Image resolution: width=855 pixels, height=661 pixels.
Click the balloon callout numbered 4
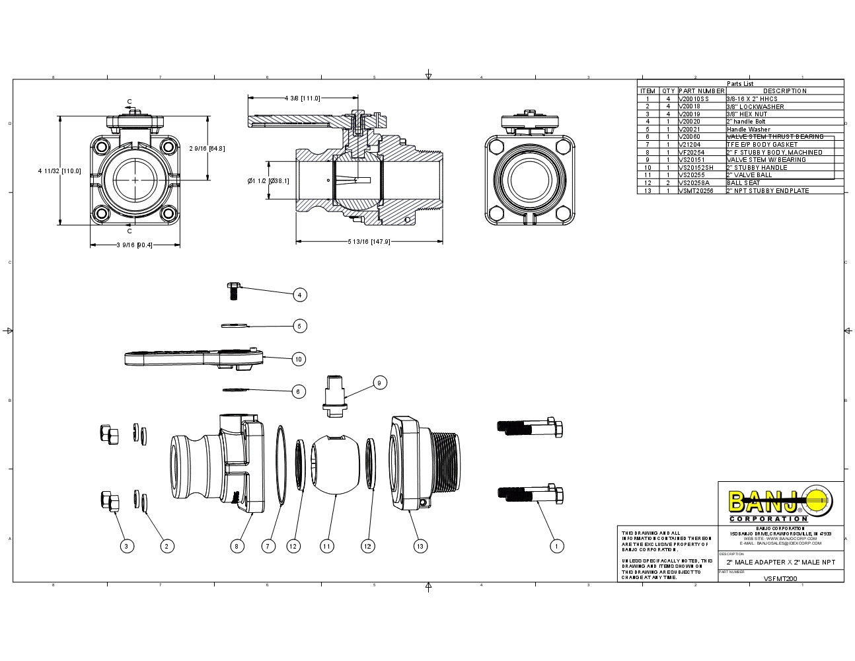(x=300, y=295)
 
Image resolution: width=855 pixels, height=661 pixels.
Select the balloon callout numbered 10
(x=299, y=359)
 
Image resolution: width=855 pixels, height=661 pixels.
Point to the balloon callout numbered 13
(x=420, y=546)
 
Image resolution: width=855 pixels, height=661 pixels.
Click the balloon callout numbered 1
(x=556, y=546)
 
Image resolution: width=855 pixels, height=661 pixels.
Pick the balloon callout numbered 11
(x=326, y=546)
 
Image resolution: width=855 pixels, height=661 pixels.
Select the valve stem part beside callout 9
(x=336, y=395)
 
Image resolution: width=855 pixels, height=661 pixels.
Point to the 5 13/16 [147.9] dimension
(x=369, y=242)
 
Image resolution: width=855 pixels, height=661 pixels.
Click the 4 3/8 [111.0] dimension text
(x=302, y=98)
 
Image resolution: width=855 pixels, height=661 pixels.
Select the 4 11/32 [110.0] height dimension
(x=59, y=171)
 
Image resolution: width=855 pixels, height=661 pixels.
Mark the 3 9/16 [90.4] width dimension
(x=134, y=245)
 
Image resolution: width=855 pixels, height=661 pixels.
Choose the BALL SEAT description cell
(x=743, y=182)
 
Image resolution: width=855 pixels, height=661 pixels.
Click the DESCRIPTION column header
(x=785, y=91)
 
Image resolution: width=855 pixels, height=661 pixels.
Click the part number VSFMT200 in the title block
(x=780, y=578)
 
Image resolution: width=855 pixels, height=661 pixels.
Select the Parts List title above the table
(x=740, y=84)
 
